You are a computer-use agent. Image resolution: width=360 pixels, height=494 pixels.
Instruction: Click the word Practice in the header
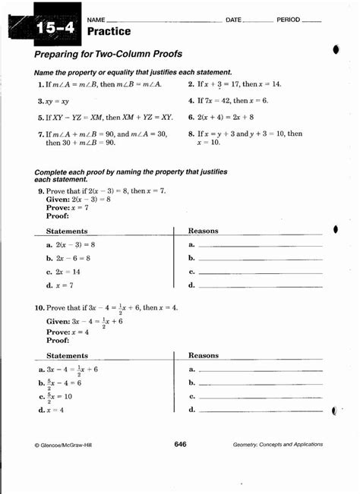(109, 32)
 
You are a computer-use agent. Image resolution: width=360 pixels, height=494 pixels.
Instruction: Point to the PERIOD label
(289, 19)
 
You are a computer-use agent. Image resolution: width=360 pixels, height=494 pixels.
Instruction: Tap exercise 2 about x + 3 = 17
(239, 84)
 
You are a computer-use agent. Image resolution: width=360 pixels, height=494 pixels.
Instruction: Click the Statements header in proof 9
(67, 231)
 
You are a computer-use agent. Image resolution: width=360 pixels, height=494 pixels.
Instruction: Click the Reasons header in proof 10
(204, 355)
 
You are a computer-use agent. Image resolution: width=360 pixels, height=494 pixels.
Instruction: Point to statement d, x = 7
(60, 285)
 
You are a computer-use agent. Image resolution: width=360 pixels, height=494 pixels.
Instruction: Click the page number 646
(180, 444)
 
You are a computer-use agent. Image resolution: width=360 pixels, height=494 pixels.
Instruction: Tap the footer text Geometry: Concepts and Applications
(278, 445)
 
